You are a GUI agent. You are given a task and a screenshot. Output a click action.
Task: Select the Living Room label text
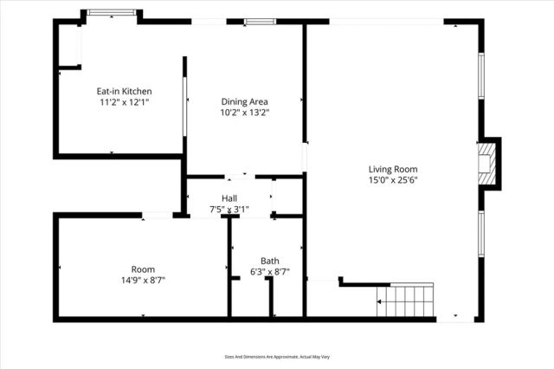pos(393,169)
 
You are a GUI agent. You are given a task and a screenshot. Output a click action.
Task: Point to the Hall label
pos(229,198)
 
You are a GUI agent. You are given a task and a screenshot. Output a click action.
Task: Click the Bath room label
pos(269,261)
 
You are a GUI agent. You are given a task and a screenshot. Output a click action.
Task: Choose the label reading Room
pos(143,269)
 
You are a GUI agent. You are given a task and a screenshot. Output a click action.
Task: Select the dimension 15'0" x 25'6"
pos(393,180)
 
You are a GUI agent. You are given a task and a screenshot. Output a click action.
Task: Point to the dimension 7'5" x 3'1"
pos(229,209)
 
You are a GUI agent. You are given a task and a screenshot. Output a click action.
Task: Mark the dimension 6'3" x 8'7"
pos(269,271)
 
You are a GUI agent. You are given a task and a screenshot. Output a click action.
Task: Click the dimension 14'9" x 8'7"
pos(143,280)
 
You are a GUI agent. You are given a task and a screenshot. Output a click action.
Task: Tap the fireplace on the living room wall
pos(489,162)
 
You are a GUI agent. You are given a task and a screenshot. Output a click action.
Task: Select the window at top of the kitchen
pos(113,13)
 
